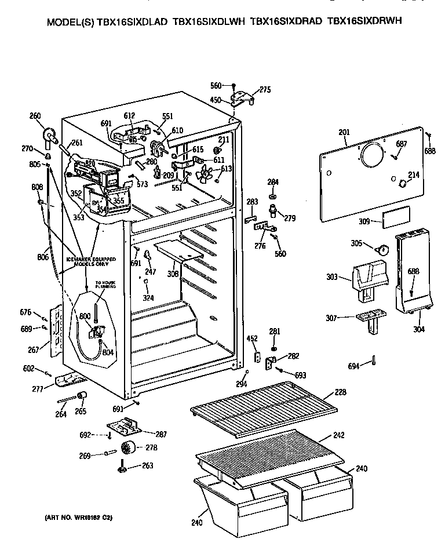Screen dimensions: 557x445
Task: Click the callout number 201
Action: point(344,133)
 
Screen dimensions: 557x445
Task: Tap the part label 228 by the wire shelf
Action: point(341,392)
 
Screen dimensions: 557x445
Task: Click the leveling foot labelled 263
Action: point(122,467)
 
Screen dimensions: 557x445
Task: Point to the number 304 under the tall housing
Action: point(418,329)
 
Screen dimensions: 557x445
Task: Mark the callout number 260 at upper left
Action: point(35,116)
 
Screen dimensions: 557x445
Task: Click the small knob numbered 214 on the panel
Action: point(400,183)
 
